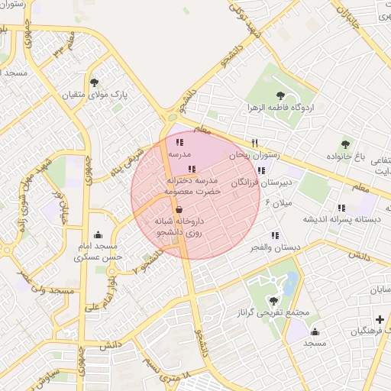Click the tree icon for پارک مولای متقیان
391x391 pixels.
coord(95,82)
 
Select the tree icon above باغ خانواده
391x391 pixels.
coord(345,144)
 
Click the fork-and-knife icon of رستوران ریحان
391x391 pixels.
coord(255,143)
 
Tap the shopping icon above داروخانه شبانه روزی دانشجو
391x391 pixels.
coord(179,208)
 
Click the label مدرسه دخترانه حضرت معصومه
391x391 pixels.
coord(193,186)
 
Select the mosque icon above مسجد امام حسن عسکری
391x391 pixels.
coord(98,234)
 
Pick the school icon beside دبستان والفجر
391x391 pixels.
coord(274,236)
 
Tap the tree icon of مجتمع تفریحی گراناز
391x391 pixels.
coord(274,301)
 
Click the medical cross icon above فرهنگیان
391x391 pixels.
coord(380,318)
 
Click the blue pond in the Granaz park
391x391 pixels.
coord(291,284)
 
